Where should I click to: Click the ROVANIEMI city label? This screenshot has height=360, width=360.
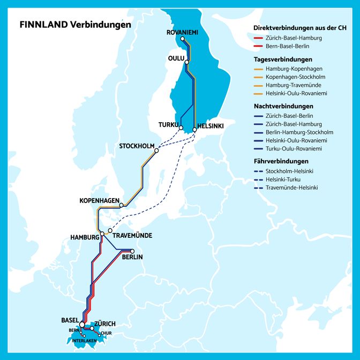click(182, 33)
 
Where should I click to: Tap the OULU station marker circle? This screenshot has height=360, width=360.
click(187, 62)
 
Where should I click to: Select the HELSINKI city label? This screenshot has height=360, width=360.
click(211, 126)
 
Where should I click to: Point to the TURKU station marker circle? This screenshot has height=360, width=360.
click(182, 127)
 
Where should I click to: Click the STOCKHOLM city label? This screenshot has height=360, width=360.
click(137, 146)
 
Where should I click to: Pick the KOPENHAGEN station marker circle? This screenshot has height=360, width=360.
click(122, 205)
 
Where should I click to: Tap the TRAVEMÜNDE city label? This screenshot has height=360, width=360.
click(133, 236)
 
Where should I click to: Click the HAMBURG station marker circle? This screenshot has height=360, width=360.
click(102, 234)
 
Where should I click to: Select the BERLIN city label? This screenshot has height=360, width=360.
click(133, 257)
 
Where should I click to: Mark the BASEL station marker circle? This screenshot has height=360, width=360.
click(81, 325)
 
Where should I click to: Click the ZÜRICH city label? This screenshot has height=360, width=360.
click(105, 324)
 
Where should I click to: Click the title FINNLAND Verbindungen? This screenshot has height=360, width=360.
click(75, 25)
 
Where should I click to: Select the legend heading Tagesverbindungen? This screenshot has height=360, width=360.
click(283, 59)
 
